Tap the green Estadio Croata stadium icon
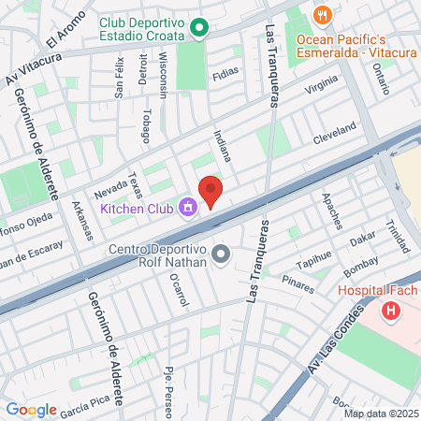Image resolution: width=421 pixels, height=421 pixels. pyautogui.click(x=198, y=29)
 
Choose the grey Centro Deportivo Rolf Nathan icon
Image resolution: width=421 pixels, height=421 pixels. pyautogui.click(x=222, y=254)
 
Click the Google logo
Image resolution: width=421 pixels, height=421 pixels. pyautogui.click(x=31, y=409)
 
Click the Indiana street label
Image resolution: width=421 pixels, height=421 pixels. pyautogui.click(x=222, y=148)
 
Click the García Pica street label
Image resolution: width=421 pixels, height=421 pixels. pyautogui.click(x=86, y=406)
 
